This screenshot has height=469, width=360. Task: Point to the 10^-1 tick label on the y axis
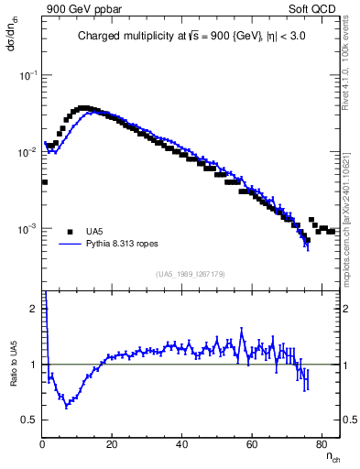[28, 76]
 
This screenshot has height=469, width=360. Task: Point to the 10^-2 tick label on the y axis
[28, 152]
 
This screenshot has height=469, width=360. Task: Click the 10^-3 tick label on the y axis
[28, 228]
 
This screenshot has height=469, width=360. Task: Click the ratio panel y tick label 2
[33, 309]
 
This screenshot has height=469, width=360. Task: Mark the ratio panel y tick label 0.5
[30, 420]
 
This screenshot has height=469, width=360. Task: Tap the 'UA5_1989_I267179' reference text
[191, 273]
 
